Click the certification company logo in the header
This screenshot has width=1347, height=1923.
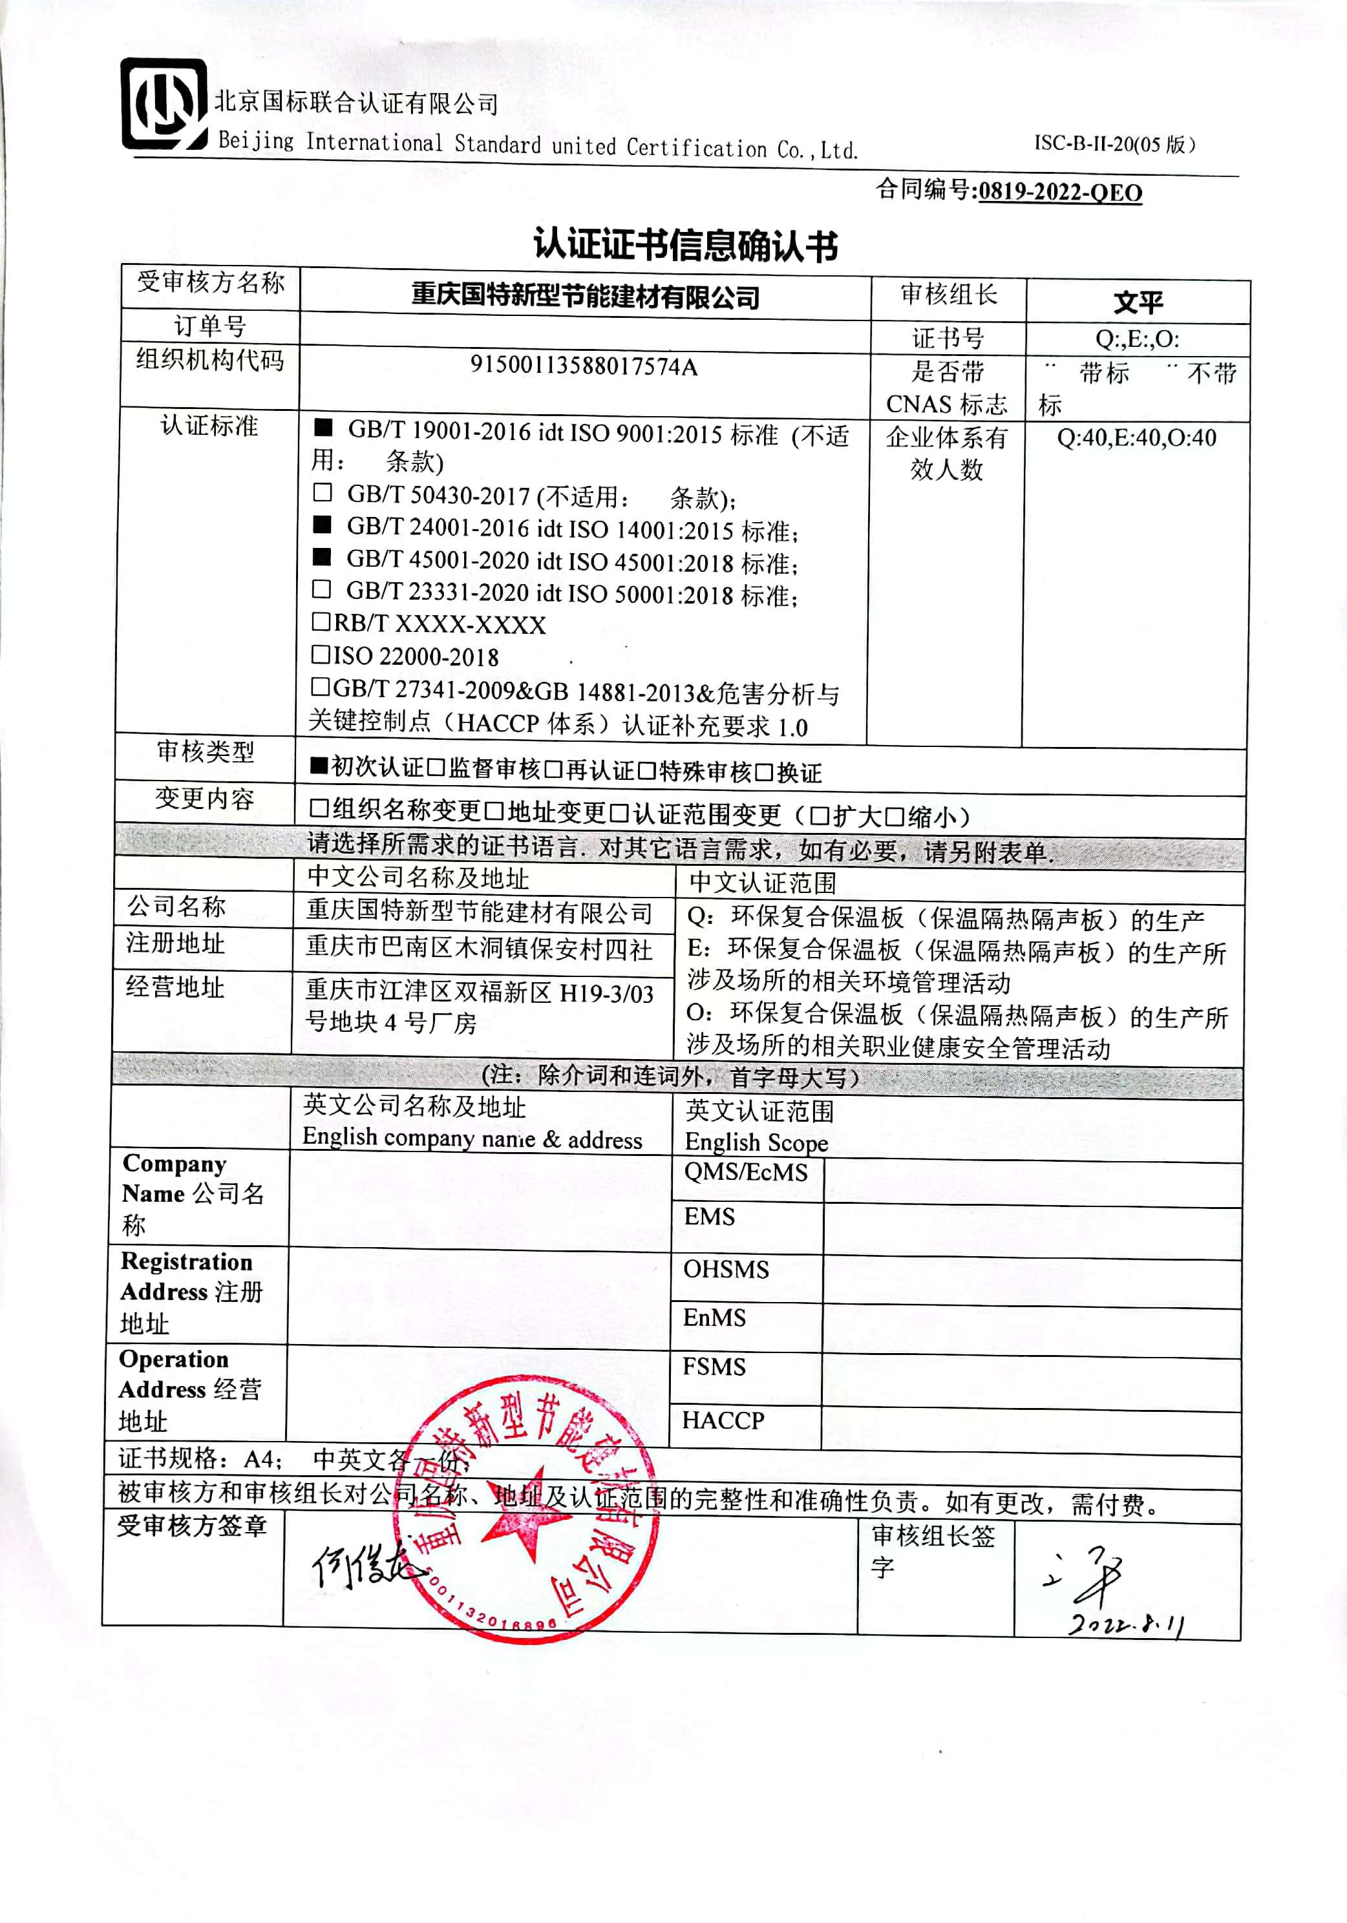pos(164,104)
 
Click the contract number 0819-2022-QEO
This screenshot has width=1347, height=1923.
pos(1059,193)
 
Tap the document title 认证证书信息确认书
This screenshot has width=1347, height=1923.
pos(686,246)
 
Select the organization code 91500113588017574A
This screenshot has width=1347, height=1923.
pos(583,366)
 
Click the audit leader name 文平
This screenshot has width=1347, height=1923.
pos(1138,302)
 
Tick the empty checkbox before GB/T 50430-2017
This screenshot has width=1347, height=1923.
pos(323,492)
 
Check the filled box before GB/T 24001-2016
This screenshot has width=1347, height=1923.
pos(323,525)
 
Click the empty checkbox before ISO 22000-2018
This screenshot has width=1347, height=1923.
pos(321,654)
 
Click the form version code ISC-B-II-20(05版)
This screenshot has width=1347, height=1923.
pos(1114,144)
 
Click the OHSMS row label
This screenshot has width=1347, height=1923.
pos(725,1269)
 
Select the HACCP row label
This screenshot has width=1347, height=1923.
pos(723,1420)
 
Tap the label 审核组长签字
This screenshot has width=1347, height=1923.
pos(932,1550)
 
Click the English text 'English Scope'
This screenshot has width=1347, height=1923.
pos(756,1143)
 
